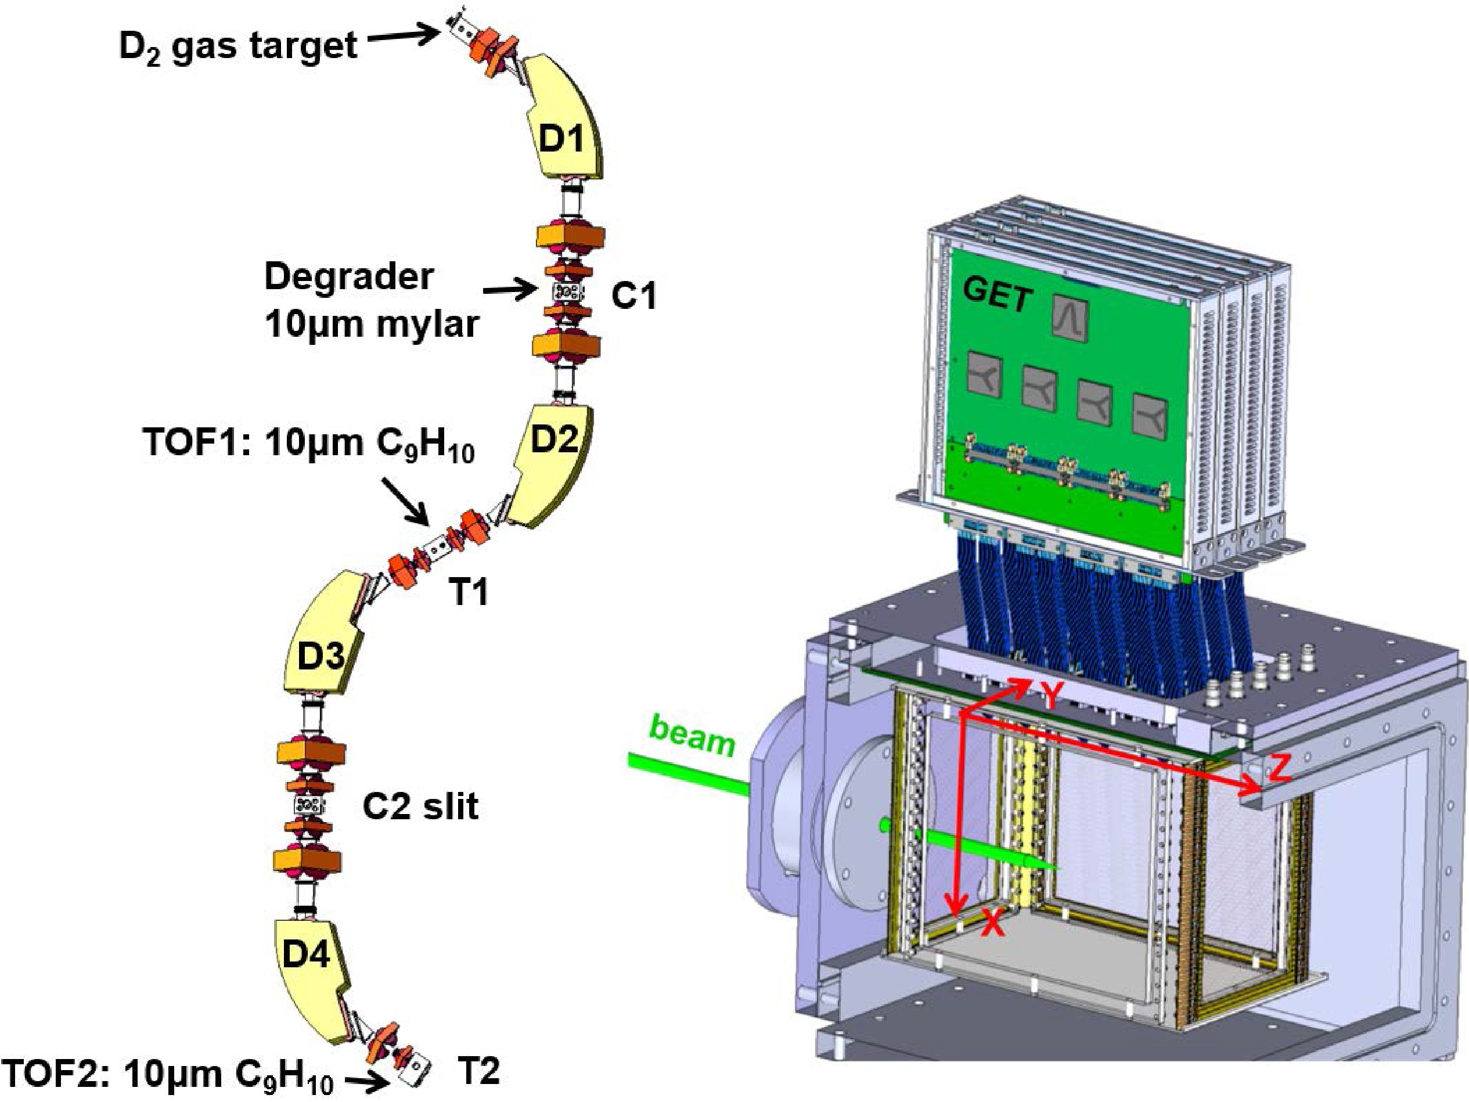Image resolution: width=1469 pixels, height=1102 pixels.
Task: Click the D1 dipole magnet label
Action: point(561,139)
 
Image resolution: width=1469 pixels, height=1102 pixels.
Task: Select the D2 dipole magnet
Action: point(554,440)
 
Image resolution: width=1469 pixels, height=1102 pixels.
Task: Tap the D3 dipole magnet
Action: point(321,656)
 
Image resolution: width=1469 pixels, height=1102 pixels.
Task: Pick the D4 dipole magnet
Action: point(306,955)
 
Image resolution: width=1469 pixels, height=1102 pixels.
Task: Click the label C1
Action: point(633,296)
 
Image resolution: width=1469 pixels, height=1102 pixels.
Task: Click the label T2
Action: point(479,1070)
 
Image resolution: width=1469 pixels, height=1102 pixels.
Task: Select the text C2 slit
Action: point(420,806)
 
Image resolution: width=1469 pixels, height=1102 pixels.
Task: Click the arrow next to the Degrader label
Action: point(509,290)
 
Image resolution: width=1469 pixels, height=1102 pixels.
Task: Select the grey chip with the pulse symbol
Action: point(1072,314)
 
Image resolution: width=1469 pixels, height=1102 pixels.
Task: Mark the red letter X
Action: point(992,923)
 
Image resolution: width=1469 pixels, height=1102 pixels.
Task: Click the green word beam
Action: point(693,735)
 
